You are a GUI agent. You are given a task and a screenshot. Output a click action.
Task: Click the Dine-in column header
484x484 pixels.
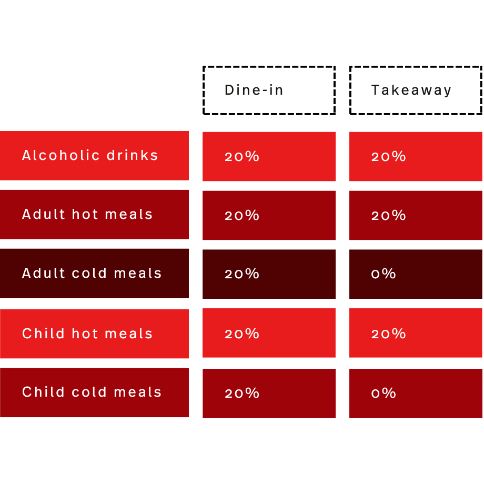pyautogui.click(x=269, y=90)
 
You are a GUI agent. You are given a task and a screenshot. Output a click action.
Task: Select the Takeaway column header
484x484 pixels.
pyautogui.click(x=416, y=90)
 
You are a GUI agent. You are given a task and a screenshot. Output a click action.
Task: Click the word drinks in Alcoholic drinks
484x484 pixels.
pyautogui.click(x=133, y=155)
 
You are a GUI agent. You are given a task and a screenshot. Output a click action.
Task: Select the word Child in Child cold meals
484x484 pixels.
pyautogui.click(x=43, y=392)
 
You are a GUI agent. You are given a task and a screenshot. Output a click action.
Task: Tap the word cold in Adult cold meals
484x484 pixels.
pyautogui.click(x=89, y=273)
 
